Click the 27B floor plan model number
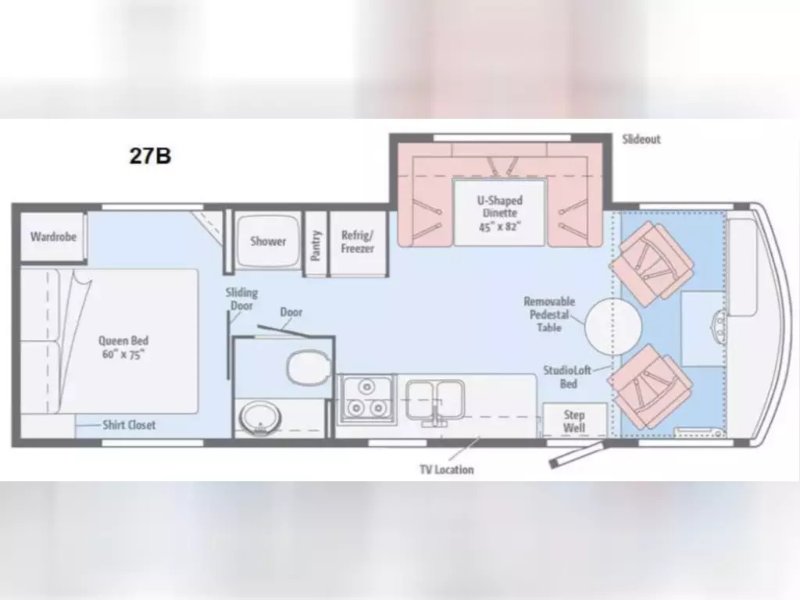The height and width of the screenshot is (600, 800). (150, 155)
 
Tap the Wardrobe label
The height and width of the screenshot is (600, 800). (53, 236)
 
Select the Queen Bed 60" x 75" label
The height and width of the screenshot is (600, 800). (123, 347)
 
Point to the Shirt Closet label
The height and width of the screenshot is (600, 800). (129, 425)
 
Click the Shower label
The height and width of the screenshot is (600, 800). (268, 241)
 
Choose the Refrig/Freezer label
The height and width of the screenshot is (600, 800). (358, 242)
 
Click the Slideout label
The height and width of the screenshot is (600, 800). (641, 139)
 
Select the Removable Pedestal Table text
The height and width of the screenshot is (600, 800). (549, 314)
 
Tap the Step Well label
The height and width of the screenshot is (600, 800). (574, 421)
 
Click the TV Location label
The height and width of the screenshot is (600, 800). (445, 470)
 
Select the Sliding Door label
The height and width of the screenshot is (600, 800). (241, 299)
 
